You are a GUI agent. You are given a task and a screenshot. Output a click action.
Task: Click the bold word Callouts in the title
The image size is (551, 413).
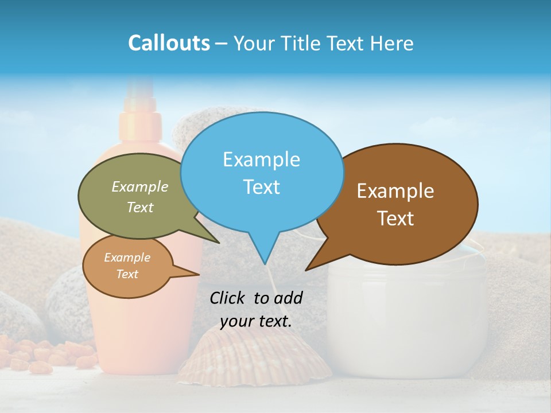pos(169,43)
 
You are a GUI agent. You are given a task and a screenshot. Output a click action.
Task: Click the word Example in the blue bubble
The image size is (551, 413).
pos(261,159)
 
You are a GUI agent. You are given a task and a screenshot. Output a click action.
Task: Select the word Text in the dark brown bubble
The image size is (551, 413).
pos(395,219)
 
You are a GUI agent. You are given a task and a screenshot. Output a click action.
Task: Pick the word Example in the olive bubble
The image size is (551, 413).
pos(140,186)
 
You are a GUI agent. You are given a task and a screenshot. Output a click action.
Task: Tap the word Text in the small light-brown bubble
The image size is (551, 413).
pos(127,274)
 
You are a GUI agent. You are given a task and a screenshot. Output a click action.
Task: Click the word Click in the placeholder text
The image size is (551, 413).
pos(228,298)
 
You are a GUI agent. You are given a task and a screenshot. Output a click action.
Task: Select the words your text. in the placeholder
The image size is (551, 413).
pos(256,322)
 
